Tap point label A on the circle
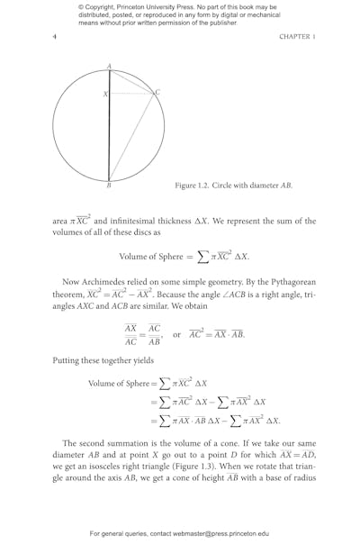coord(109,66)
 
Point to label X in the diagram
coord(104,94)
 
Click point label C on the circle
coord(157,92)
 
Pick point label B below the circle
coord(108,186)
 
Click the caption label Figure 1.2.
coord(193,186)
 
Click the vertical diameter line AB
coord(109,135)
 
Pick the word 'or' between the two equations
coord(177,334)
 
